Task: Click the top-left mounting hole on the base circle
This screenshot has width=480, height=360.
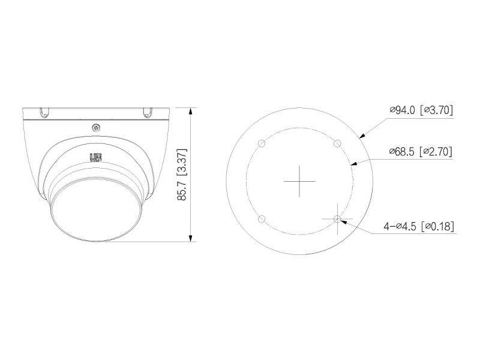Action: (260, 143)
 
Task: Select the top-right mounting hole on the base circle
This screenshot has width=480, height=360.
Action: (337, 143)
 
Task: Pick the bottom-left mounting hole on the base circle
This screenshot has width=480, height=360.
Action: (260, 220)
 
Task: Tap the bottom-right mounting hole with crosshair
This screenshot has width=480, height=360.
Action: (337, 220)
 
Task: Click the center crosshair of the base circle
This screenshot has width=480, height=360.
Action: (299, 181)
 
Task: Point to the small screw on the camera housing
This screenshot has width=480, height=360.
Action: (96, 127)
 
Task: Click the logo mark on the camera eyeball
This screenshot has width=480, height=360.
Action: (95, 158)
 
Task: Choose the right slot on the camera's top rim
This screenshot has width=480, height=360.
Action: (147, 112)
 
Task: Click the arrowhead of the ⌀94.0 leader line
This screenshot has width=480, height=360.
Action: (362, 137)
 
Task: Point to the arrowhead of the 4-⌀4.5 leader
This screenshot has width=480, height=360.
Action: (342, 221)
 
